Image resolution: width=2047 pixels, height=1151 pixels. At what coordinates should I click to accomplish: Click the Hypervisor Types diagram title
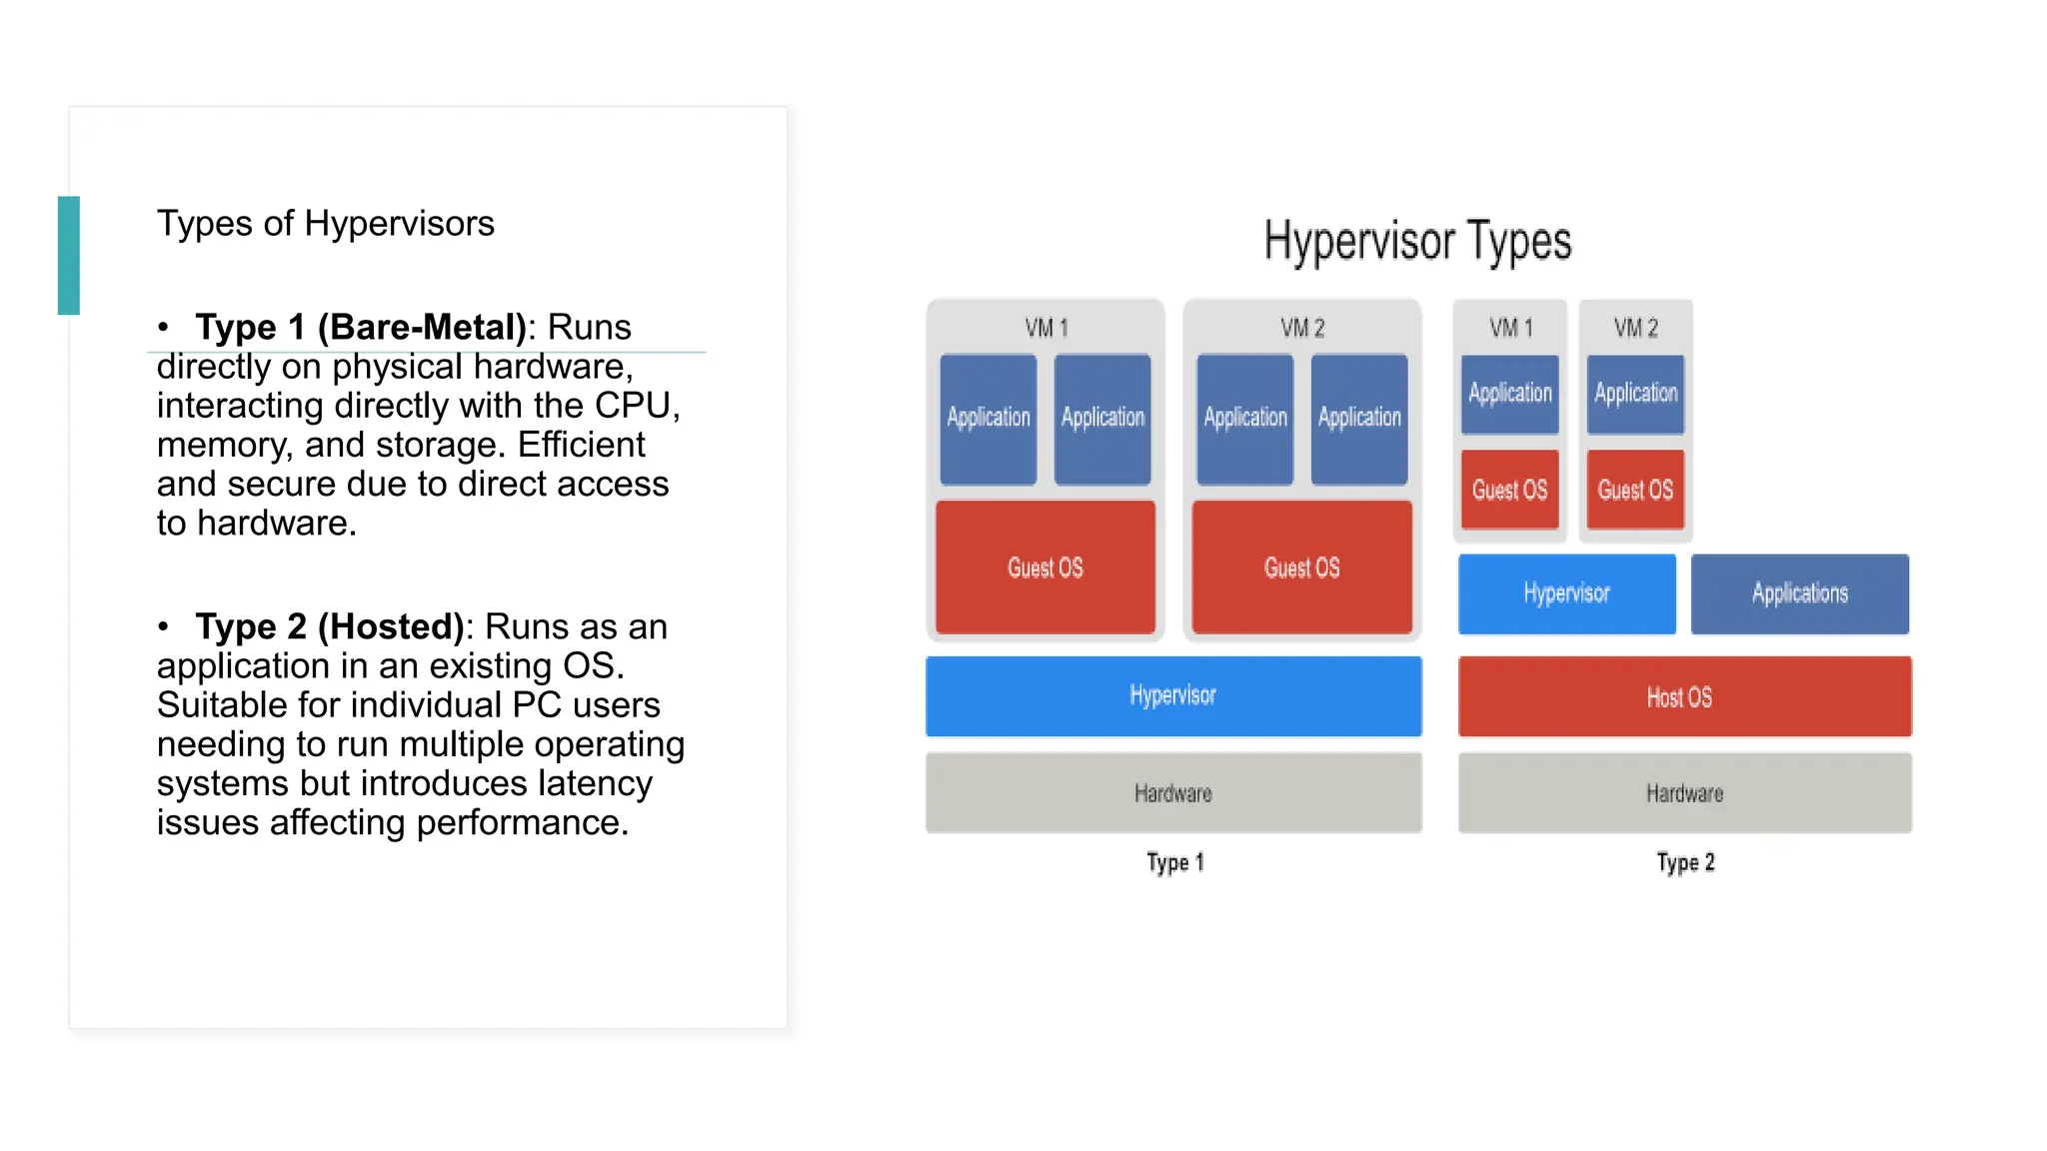1416,242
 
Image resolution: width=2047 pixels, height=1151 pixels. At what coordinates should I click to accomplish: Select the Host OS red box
1683,696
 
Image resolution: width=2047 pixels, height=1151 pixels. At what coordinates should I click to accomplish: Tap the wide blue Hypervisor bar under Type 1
1172,695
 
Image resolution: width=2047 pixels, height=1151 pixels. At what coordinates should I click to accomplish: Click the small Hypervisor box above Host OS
1566,593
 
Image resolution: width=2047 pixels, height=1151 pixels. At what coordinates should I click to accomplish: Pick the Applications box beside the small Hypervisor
1799,593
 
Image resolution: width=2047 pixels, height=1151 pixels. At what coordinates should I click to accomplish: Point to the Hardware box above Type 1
1172,792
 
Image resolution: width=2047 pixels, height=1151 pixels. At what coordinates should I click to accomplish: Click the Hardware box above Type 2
1683,792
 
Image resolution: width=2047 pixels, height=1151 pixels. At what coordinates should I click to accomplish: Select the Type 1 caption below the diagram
1174,862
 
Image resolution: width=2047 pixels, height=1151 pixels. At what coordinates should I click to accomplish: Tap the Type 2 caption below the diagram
1685,862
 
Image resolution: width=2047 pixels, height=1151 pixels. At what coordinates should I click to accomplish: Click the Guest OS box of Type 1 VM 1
1044,568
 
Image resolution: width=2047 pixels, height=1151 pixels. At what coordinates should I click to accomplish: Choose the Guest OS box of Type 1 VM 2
1301,568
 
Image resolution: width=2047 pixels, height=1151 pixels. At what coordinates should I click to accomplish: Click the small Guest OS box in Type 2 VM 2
1635,490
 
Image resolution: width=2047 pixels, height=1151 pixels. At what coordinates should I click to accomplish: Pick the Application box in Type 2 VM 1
1509,394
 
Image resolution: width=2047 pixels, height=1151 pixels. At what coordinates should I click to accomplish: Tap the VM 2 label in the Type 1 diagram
1301,328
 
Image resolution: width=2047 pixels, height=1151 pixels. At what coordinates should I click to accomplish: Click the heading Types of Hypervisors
325,224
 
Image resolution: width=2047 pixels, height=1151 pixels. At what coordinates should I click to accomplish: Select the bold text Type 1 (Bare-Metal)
361,328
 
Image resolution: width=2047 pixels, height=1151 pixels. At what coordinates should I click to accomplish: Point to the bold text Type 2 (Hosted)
330,627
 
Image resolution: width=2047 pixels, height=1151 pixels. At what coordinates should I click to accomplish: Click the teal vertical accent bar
69,256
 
